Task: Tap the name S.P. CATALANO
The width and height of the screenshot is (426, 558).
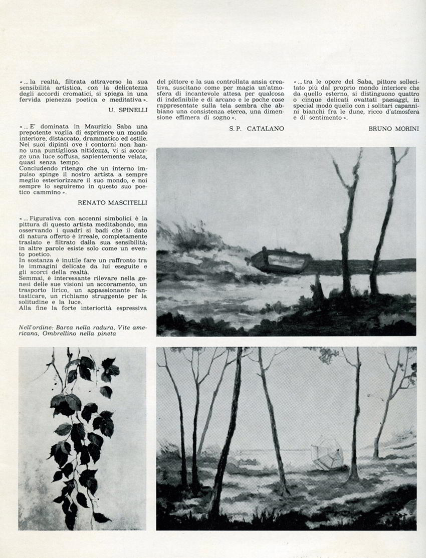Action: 256,128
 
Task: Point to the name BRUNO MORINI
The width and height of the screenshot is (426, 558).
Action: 393,128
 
